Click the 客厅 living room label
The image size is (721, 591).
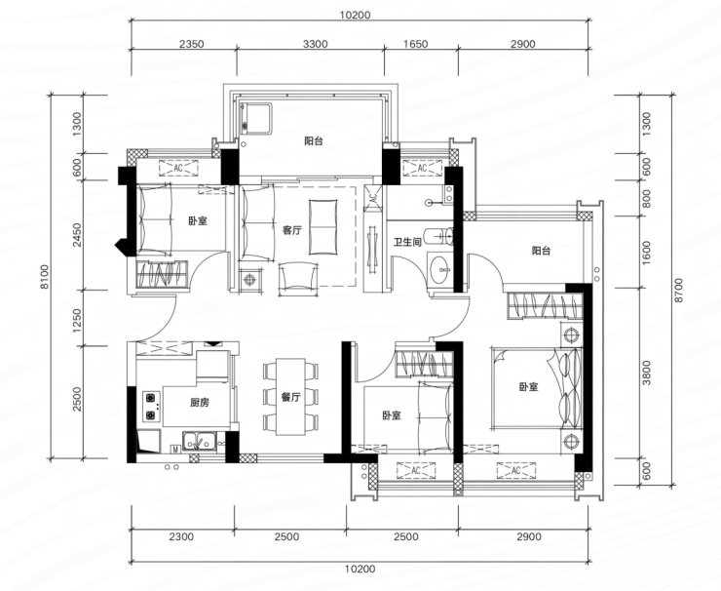292,230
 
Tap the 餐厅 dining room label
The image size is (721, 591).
290,397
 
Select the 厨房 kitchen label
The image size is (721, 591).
200,402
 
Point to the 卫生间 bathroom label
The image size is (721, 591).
407,242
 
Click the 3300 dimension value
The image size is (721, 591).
316,44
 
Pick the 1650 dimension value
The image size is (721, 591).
415,44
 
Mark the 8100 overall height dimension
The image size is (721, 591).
44,277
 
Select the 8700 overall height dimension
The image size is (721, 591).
679,290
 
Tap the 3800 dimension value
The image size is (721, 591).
647,373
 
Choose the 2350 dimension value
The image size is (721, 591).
191,44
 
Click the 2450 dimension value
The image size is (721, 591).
77,235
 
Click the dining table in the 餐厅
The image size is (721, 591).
290,397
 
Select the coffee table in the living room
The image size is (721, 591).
323,227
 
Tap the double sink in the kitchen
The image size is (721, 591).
200,441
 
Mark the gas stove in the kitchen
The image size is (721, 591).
151,407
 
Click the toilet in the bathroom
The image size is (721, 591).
439,237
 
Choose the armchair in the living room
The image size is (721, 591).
298,277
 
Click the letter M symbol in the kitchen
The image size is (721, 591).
175,450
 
